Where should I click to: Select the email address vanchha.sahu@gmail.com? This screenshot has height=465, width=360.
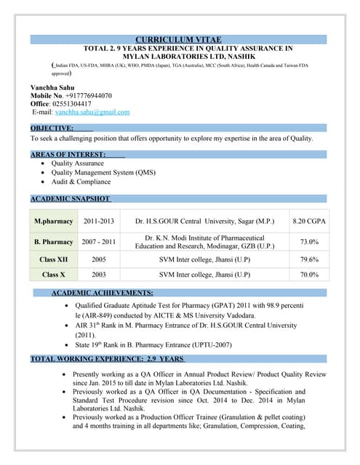[x=92, y=112]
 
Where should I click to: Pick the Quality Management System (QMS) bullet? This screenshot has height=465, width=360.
[x=103, y=173]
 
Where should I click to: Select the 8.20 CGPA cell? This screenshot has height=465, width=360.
[x=309, y=220]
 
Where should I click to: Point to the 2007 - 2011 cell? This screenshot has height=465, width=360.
[x=99, y=241]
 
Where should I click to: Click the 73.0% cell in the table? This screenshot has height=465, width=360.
[x=309, y=241]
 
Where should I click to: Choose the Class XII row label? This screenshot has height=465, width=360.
[x=54, y=259]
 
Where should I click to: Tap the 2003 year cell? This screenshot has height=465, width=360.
[x=99, y=275]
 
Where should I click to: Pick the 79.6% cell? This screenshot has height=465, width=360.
[x=309, y=259]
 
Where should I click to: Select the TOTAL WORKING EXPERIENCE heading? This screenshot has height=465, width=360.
[x=107, y=359]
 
